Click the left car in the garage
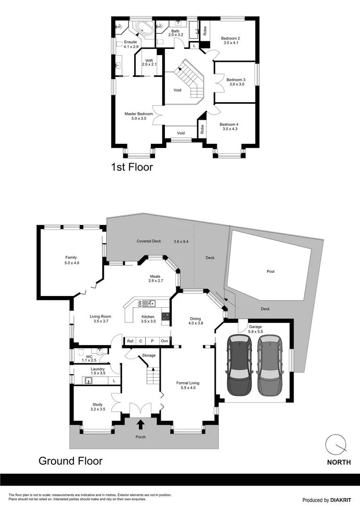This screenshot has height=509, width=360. pyautogui.click(x=240, y=365)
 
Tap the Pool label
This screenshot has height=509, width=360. pyautogui.click(x=270, y=271)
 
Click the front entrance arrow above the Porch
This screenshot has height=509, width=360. pyautogui.click(x=140, y=425)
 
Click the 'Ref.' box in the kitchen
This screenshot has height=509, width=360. pyautogui.click(x=131, y=341)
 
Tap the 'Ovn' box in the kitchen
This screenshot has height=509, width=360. pyautogui.click(x=164, y=341)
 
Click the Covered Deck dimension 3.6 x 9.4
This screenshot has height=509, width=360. pyautogui.click(x=181, y=241)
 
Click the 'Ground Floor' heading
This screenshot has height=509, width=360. pyautogui.click(x=70, y=460)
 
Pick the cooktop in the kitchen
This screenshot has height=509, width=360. pyautogui.click(x=165, y=317)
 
